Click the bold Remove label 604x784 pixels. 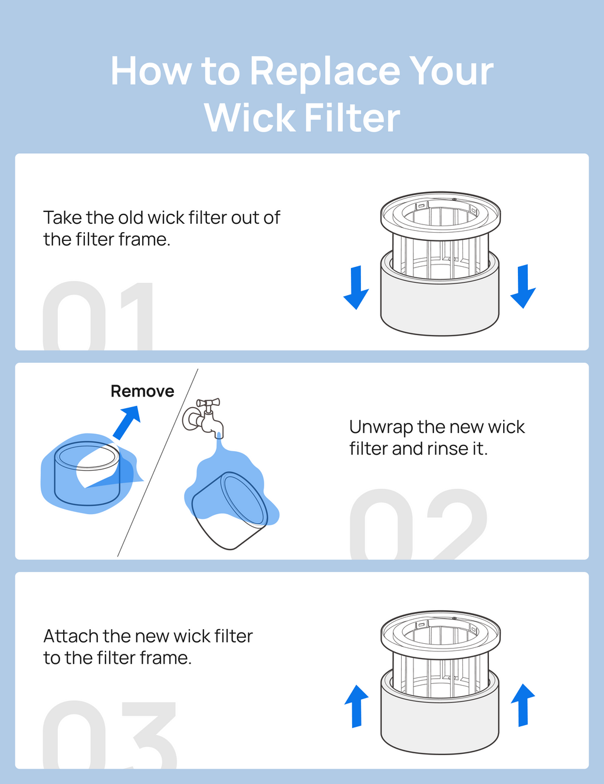tap(142, 391)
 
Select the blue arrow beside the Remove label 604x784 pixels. tap(126, 422)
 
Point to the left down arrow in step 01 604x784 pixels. tap(356, 287)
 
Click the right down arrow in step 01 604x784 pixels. tap(523, 286)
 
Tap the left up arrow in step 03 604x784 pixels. tap(356, 706)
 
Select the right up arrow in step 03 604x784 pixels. tap(523, 704)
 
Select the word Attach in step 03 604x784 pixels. tap(70, 636)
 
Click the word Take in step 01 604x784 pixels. tap(63, 218)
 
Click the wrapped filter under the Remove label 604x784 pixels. tap(87, 474)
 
